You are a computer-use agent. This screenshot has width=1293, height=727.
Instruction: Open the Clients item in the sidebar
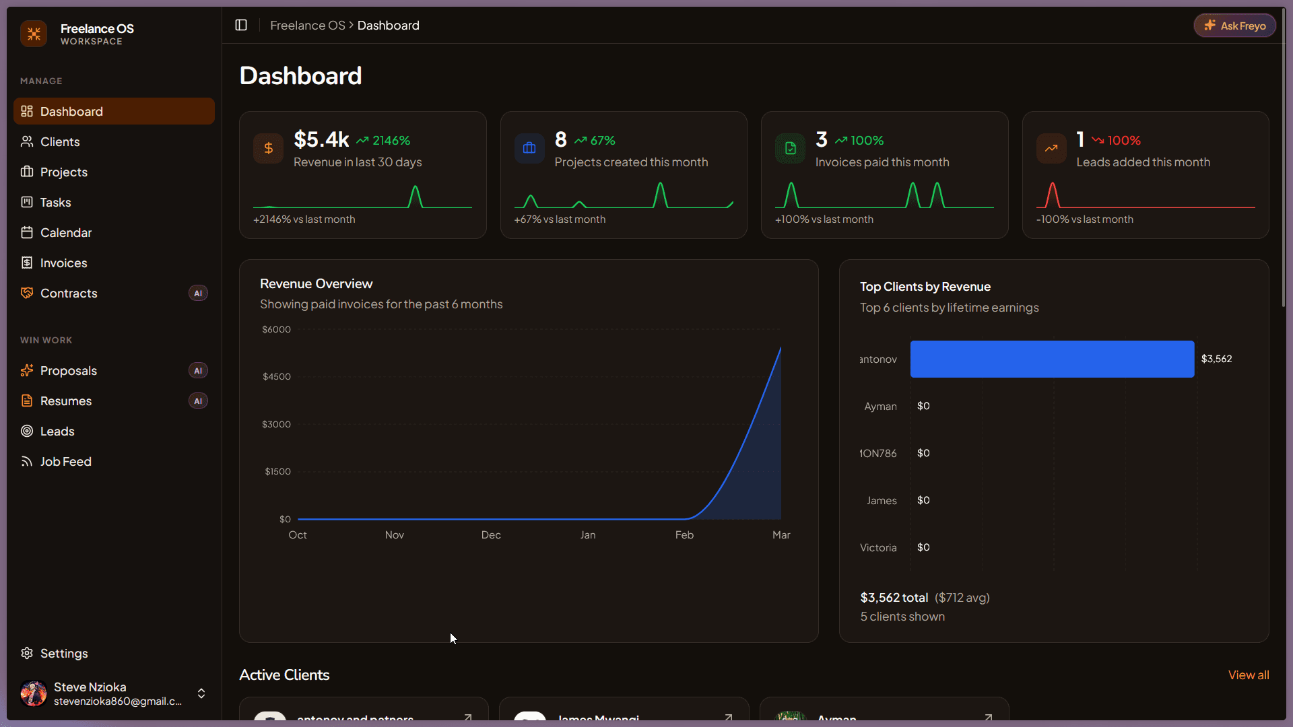[59, 141]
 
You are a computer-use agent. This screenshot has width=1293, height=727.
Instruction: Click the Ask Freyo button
[1234, 26]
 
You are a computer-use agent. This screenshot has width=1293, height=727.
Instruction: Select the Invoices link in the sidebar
[63, 263]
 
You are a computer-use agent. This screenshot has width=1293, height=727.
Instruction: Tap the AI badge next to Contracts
[197, 293]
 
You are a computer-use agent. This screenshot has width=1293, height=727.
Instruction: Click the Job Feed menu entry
[65, 461]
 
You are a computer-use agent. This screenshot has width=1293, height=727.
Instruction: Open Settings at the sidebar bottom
[63, 653]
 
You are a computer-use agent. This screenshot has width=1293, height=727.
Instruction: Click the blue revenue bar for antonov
[1051, 359]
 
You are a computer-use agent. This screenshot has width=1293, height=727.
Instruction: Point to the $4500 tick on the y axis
[276, 376]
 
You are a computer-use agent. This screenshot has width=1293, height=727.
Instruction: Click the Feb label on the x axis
[684, 534]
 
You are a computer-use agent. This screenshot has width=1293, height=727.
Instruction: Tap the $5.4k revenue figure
[321, 139]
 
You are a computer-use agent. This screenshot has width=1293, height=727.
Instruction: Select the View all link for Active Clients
[1248, 674]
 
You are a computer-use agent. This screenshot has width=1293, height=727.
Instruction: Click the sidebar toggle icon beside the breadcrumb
[241, 25]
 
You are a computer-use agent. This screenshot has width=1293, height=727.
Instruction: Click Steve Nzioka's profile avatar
[33, 693]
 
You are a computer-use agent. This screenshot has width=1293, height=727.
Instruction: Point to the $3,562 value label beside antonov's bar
[1216, 359]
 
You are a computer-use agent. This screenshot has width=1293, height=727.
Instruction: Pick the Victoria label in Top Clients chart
[877, 548]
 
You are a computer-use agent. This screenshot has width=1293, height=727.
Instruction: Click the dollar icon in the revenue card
[268, 148]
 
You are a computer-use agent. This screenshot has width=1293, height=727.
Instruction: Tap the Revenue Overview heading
[316, 283]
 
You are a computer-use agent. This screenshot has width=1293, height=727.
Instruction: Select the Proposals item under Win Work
[68, 370]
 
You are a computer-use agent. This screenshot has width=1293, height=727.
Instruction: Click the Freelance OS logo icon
[34, 34]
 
